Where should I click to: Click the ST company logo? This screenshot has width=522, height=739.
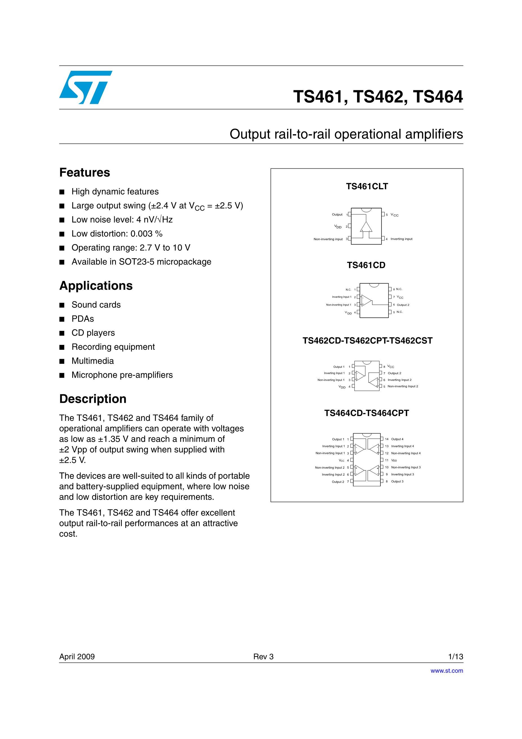pos(86,87)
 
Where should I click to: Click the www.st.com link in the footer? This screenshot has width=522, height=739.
pos(447,670)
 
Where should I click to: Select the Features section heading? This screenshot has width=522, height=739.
pos(85,173)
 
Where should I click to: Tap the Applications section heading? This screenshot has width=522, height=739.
pos(96,286)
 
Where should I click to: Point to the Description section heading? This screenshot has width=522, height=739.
pos(93,399)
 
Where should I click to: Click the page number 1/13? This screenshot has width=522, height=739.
pos(455,657)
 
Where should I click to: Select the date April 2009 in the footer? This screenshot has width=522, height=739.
pos(77,657)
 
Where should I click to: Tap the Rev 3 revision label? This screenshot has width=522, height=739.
pos(263,657)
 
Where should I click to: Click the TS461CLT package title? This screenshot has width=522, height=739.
pos(367,186)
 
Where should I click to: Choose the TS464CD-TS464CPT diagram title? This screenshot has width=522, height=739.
pos(367,413)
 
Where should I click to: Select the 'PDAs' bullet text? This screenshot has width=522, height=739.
pos(83,319)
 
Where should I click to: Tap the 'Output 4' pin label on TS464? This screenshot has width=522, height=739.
pos(397,439)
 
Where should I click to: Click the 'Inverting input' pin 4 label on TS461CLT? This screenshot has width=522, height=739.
pos(401,239)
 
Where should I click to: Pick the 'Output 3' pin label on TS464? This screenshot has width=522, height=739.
pos(397,481)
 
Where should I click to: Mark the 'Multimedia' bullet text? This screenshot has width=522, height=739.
pos(93,361)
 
